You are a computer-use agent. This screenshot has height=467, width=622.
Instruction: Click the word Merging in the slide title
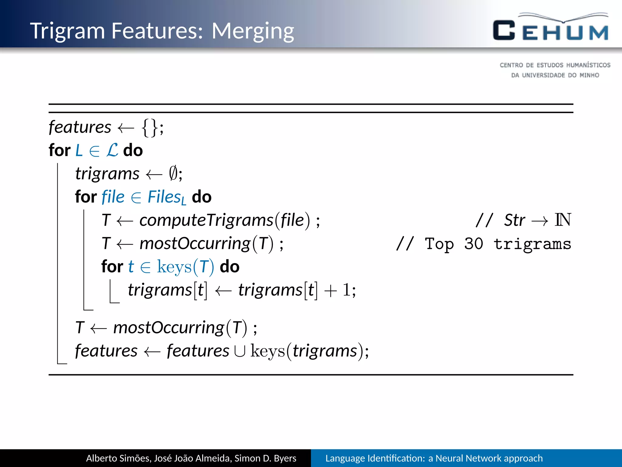coord(253,31)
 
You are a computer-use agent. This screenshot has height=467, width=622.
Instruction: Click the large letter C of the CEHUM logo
coord(504,30)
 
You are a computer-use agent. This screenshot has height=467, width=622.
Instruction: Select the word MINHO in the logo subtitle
coord(589,75)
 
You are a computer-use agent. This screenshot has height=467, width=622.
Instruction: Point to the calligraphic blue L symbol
coord(112,150)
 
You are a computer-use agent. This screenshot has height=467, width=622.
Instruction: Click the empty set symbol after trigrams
coord(173,174)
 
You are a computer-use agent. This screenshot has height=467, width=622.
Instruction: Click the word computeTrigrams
coord(206,220)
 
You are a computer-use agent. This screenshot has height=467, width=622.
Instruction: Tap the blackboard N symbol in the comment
coord(563,220)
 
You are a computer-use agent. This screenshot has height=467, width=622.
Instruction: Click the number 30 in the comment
coord(473,244)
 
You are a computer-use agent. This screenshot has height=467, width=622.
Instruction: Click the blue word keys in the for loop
coord(174,267)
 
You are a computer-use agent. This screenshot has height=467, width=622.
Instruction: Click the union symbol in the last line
coord(240,351)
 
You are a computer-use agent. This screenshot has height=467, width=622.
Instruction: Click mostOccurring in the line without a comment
coord(169,328)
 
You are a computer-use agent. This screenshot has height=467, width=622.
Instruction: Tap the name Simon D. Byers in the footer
coord(265,458)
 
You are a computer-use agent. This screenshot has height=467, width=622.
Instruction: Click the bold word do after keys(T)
coord(229,267)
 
